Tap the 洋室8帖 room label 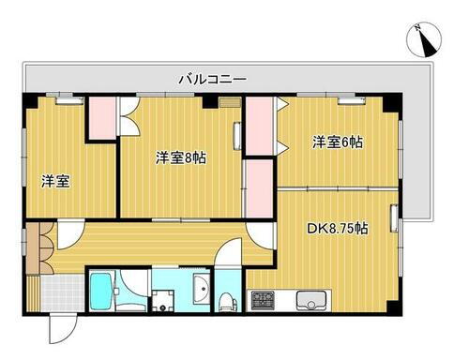180,157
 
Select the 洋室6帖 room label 338,142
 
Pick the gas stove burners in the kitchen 262,301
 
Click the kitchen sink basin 310,301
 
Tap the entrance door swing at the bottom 58,328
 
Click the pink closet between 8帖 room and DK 254,187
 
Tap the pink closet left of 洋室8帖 100,119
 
